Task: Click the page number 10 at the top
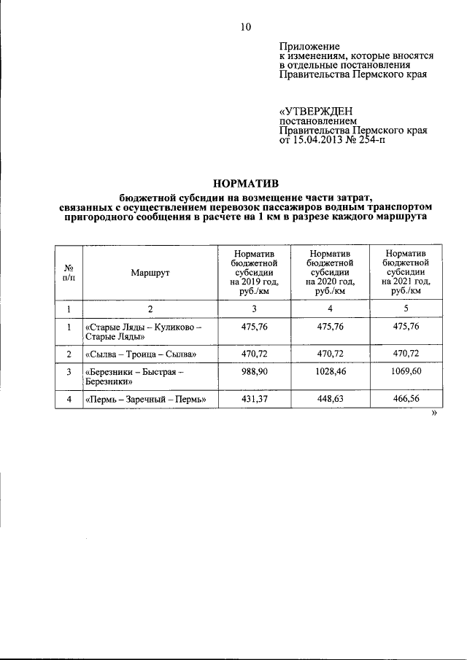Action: (x=245, y=28)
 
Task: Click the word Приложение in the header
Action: (x=305, y=46)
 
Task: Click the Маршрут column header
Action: (x=150, y=272)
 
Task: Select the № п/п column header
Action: (x=69, y=272)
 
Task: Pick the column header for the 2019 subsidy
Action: (x=254, y=272)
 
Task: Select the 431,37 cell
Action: (x=254, y=398)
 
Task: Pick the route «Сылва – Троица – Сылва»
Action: (x=141, y=354)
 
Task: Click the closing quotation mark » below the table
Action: (x=434, y=414)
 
